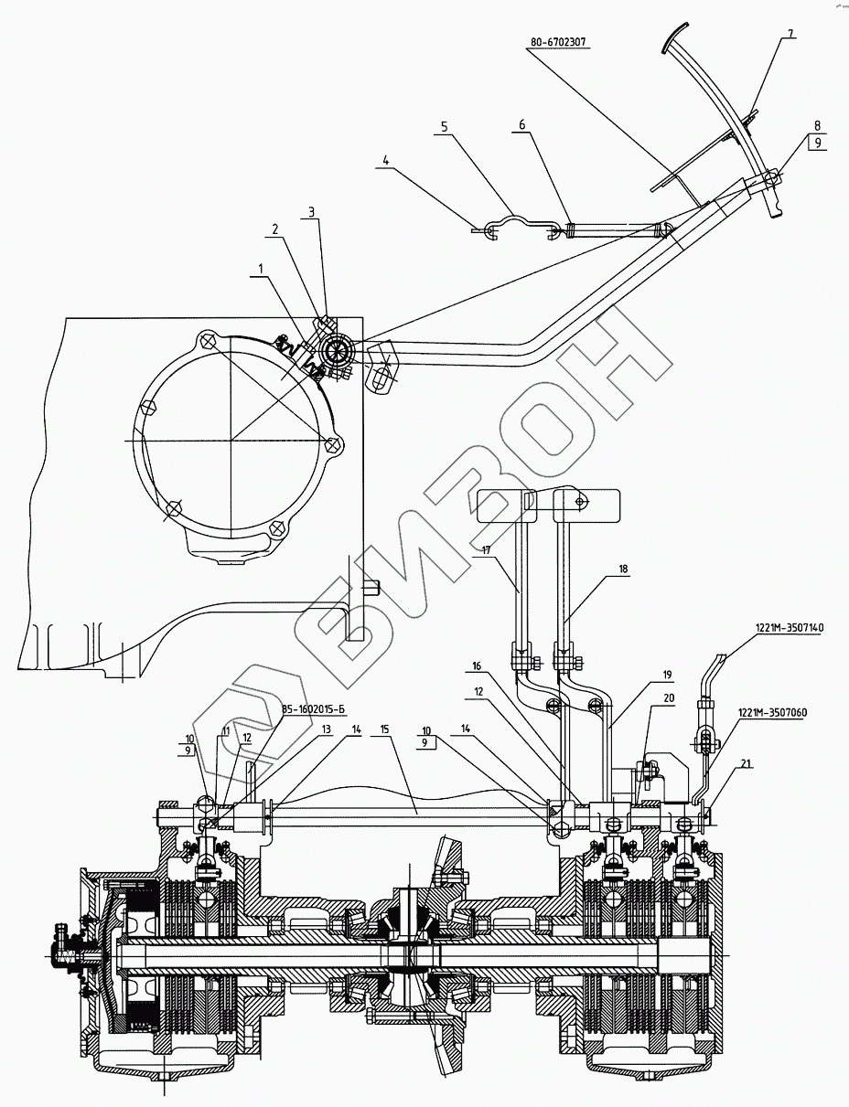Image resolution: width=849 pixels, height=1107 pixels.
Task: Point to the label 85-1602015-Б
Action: [x=307, y=709]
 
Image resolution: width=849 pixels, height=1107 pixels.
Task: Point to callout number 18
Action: [x=623, y=569]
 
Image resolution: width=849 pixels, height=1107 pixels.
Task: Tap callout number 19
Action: [x=667, y=675]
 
